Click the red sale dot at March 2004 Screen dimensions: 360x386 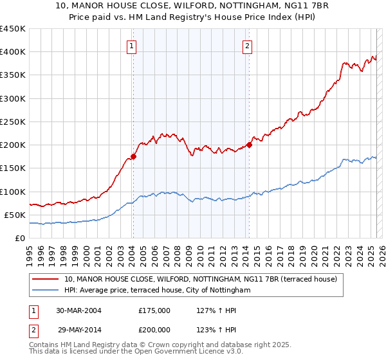(134, 156)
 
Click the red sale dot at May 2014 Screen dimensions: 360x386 (249, 144)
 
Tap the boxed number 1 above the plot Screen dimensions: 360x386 (131, 46)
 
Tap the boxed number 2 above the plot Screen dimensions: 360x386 (247, 46)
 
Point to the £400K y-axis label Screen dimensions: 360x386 (13, 52)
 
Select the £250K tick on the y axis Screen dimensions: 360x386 (13, 122)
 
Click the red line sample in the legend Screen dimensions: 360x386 (45, 280)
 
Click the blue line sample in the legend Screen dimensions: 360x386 (45, 291)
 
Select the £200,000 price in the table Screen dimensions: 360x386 (154, 328)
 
